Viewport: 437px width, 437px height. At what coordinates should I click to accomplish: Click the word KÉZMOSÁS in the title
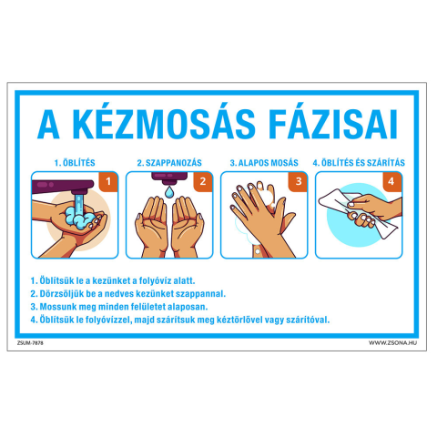point(164,123)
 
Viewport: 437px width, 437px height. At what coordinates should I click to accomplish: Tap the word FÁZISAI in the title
point(333,124)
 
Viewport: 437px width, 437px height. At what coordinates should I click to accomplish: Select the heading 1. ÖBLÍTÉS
point(75,163)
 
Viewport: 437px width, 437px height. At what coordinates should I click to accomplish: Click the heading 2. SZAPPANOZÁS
point(169,163)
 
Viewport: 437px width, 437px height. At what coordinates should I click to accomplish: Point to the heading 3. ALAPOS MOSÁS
point(264,163)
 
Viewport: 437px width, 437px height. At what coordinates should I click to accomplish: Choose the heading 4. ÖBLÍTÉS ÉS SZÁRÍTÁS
point(359,163)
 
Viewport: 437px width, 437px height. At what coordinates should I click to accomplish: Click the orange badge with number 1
point(108,181)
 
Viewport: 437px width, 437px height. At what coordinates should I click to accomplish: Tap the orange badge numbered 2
point(203,181)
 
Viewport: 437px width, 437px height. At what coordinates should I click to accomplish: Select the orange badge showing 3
point(298,181)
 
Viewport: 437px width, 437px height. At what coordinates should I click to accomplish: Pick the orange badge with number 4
point(392,181)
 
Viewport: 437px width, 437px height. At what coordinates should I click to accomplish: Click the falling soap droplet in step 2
point(169,192)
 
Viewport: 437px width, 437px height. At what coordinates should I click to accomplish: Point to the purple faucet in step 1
point(64,187)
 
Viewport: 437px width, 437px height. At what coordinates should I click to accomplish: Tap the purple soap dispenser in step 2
point(169,178)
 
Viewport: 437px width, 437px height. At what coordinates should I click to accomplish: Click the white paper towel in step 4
point(357,212)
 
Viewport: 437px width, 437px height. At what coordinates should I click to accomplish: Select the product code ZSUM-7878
point(30,343)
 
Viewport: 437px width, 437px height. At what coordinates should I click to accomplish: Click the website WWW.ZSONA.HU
point(392,343)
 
